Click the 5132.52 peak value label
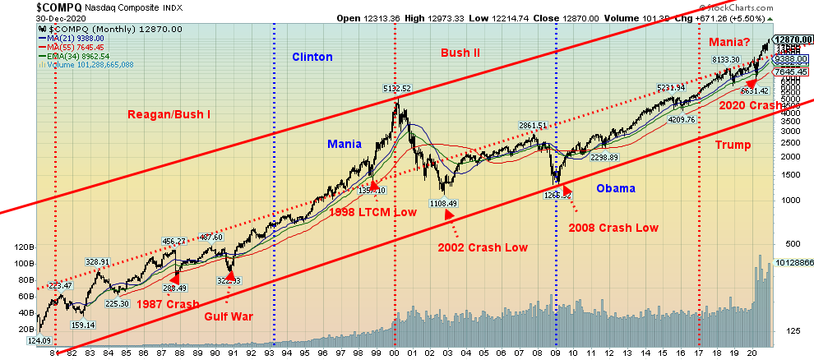396,88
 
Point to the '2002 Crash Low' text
483,247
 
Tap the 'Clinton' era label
312,58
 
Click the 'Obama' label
616,188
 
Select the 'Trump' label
733,145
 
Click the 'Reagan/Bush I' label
169,114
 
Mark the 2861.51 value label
532,126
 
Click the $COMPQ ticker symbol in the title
30,6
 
